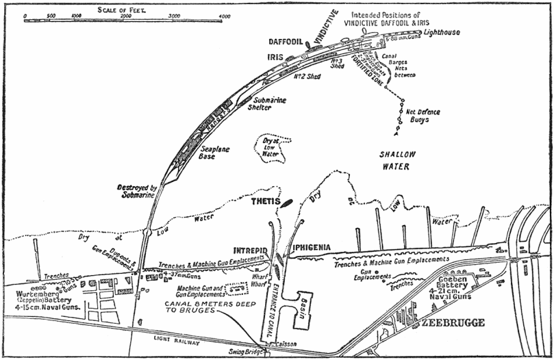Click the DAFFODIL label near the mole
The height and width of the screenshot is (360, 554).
click(x=284, y=42)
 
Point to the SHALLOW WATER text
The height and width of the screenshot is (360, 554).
click(x=403, y=160)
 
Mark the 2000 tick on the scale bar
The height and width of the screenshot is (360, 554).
click(x=126, y=14)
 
